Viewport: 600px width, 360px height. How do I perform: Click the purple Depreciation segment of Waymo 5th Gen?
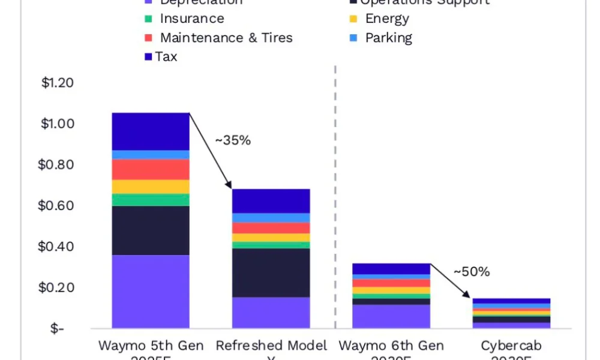click(x=151, y=292)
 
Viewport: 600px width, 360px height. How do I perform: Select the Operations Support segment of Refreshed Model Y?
click(x=271, y=272)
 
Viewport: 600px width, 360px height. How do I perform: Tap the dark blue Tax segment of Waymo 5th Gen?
click(x=151, y=131)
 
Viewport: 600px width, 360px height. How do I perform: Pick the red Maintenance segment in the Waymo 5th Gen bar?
click(x=151, y=169)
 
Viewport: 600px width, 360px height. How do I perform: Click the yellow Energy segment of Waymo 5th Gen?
click(x=151, y=187)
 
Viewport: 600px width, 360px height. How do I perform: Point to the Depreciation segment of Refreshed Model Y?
click(x=271, y=313)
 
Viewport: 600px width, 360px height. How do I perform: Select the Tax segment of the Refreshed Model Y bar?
click(x=271, y=201)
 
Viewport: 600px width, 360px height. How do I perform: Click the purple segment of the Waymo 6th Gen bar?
click(x=391, y=316)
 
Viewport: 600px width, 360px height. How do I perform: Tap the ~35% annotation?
click(x=232, y=140)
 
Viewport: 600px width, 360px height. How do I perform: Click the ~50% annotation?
click(x=472, y=271)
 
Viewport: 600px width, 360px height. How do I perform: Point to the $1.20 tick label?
click(x=57, y=83)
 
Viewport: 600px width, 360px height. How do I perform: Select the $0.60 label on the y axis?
click(x=57, y=206)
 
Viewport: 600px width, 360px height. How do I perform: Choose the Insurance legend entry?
click(x=191, y=19)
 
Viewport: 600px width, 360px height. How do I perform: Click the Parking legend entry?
click(x=389, y=38)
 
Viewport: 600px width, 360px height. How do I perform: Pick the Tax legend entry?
click(x=166, y=57)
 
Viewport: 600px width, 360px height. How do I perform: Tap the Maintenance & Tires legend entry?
click(x=226, y=38)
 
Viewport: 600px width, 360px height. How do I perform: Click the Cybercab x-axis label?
click(x=511, y=346)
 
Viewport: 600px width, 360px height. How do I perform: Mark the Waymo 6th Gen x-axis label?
click(x=391, y=346)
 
